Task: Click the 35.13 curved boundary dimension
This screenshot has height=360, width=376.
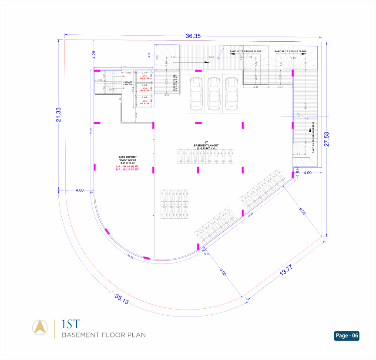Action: coord(122,300)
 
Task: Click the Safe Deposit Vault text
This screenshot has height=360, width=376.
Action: coord(128,160)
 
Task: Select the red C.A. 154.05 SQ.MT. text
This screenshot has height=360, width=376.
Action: coord(127,167)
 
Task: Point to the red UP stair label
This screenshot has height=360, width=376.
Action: coord(123,88)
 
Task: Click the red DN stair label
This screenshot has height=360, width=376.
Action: coord(123,76)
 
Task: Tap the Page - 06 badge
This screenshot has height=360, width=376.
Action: coord(347,336)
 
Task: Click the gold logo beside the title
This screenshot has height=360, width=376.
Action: coord(40,327)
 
